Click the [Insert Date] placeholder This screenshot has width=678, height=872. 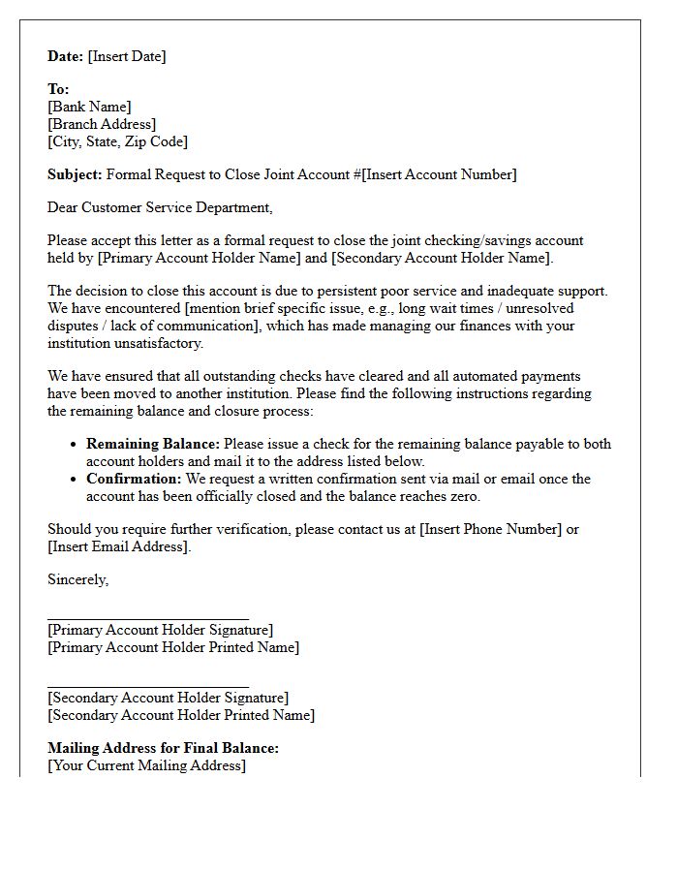pyautogui.click(x=127, y=56)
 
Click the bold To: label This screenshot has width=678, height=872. pyautogui.click(x=59, y=89)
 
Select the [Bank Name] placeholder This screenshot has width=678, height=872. pyautogui.click(x=89, y=107)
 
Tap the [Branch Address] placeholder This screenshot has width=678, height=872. pyautogui.click(x=102, y=124)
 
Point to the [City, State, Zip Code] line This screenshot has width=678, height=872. pyautogui.click(x=117, y=141)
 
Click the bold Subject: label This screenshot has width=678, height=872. pyautogui.click(x=75, y=174)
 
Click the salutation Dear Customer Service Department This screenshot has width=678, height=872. pyautogui.click(x=160, y=207)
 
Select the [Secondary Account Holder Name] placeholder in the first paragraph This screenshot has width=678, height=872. pyautogui.click(x=441, y=258)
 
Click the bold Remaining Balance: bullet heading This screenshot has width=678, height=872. pyautogui.click(x=153, y=444)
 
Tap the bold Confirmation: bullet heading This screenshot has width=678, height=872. pyautogui.click(x=134, y=479)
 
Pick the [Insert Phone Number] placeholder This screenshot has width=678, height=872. pyautogui.click(x=490, y=529)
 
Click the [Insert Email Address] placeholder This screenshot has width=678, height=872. pyautogui.click(x=119, y=546)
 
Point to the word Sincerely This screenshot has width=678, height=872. pyautogui.click(x=77, y=579)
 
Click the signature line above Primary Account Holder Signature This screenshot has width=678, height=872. pyautogui.click(x=147, y=617)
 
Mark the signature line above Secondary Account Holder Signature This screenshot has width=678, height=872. pyautogui.click(x=147, y=685)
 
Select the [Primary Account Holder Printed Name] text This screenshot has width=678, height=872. pyautogui.click(x=173, y=647)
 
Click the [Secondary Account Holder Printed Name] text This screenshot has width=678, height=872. pyautogui.click(x=181, y=715)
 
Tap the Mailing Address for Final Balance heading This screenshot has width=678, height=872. pyautogui.click(x=163, y=748)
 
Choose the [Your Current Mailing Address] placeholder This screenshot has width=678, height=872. pyautogui.click(x=146, y=765)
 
